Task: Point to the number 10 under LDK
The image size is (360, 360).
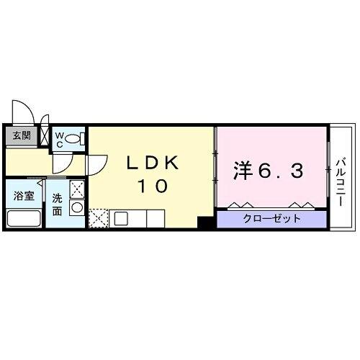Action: point(151,186)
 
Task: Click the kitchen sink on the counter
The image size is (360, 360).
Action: point(120,217)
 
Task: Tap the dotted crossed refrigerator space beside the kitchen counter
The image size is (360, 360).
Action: point(98,217)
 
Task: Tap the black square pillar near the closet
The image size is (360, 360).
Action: point(207,223)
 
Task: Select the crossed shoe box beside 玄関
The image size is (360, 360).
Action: point(45,135)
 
